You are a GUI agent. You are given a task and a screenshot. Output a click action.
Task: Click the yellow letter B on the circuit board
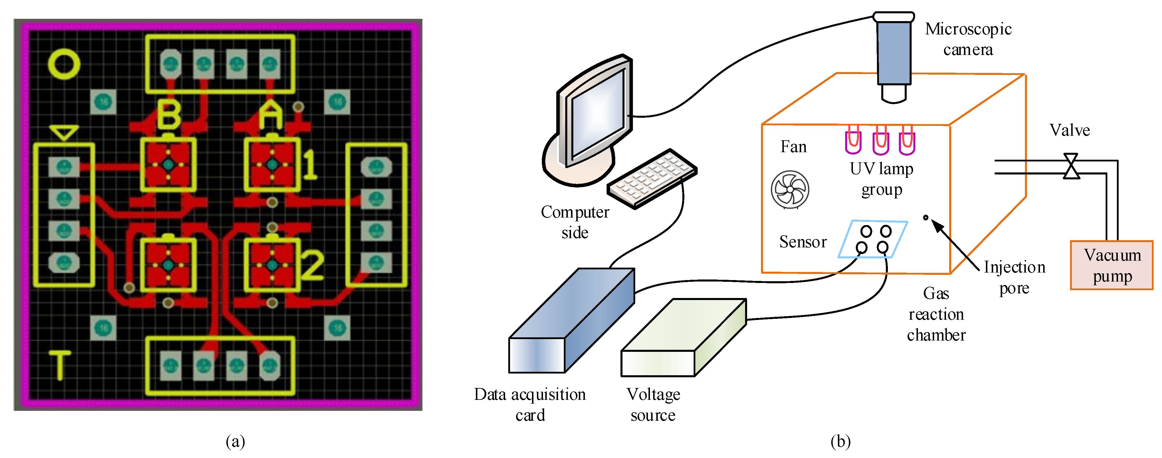[x=169, y=115]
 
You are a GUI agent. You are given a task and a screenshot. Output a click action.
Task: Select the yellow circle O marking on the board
[x=64, y=64]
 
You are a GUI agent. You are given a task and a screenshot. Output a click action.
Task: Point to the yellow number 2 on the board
[x=312, y=265]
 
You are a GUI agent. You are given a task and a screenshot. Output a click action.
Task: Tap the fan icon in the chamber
[x=790, y=190]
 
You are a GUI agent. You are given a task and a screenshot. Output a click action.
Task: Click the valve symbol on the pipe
[x=1071, y=166]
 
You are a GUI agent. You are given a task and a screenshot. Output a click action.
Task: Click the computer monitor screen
[x=598, y=113]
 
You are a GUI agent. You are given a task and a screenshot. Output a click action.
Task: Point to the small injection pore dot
[x=925, y=218]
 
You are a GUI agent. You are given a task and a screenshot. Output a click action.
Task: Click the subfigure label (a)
[x=235, y=441]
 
